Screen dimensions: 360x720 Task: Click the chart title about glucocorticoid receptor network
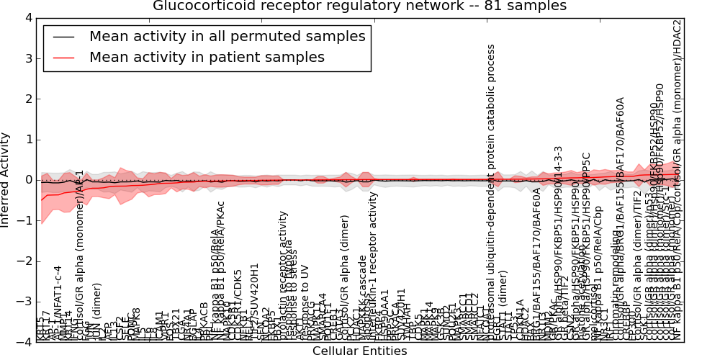(x=359, y=6)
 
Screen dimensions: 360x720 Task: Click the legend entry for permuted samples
(x=227, y=36)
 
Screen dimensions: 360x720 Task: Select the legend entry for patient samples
(x=207, y=57)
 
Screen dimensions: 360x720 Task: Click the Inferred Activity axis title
(x=6, y=180)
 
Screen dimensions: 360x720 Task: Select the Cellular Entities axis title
(x=359, y=351)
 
